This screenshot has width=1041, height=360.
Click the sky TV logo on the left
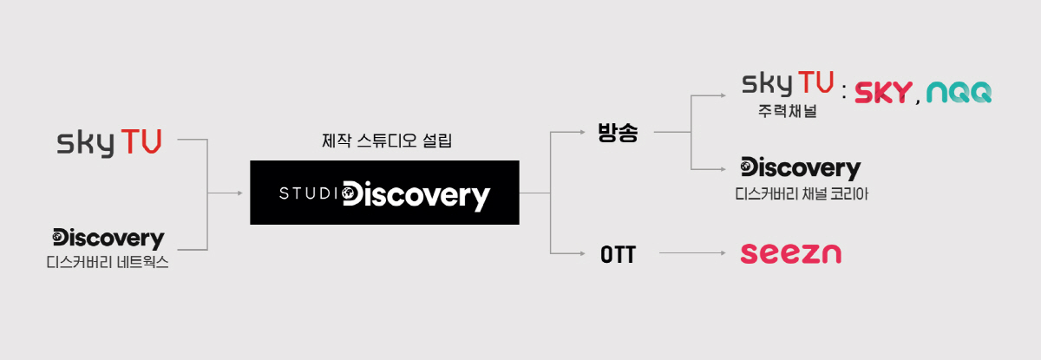108,143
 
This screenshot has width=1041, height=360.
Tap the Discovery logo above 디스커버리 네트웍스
108,239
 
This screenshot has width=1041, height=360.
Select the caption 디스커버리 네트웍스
108,263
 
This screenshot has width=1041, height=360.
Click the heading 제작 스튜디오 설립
387,141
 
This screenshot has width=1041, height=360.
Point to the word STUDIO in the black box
311,193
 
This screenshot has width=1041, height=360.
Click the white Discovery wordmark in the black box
416,195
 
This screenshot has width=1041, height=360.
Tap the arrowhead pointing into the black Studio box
239,193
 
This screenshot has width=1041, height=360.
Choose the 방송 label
618,133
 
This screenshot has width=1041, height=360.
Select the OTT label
618,254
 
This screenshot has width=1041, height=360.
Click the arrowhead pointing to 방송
582,132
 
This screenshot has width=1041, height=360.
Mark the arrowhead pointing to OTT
582,253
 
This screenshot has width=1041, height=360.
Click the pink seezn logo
790,253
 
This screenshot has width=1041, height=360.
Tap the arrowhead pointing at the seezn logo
723,253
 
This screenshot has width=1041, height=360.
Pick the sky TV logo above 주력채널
788,83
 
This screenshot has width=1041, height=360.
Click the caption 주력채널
788,111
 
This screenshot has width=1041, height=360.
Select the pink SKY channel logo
883,93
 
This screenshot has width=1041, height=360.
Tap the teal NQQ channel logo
959,92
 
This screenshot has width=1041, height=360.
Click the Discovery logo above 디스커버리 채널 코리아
801,168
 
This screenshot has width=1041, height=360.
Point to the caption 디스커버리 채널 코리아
802,193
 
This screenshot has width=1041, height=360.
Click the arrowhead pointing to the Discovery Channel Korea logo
723,169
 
